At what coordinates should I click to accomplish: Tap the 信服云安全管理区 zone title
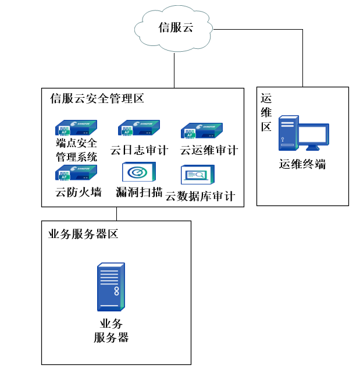[x=97, y=98]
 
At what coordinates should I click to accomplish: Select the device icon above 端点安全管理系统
[x=76, y=127]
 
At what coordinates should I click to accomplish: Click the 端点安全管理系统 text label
[x=76, y=149]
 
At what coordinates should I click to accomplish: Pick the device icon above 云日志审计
[x=138, y=127]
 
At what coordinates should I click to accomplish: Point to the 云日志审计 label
[x=139, y=150]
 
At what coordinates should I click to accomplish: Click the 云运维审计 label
[x=209, y=150]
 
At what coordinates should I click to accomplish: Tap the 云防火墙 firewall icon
[x=76, y=173]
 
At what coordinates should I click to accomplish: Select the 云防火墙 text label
[x=78, y=191]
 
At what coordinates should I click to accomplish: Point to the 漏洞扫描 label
[x=139, y=191]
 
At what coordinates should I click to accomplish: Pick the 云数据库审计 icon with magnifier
[x=197, y=175]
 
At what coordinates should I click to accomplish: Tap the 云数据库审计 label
[x=200, y=196]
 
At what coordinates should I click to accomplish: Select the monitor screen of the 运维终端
[x=314, y=135]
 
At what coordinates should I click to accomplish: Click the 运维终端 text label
[x=302, y=164]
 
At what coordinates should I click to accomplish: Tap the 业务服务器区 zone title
[x=83, y=234]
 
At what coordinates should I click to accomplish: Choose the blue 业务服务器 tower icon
[x=111, y=287]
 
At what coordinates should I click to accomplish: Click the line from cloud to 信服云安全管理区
[x=174, y=70]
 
